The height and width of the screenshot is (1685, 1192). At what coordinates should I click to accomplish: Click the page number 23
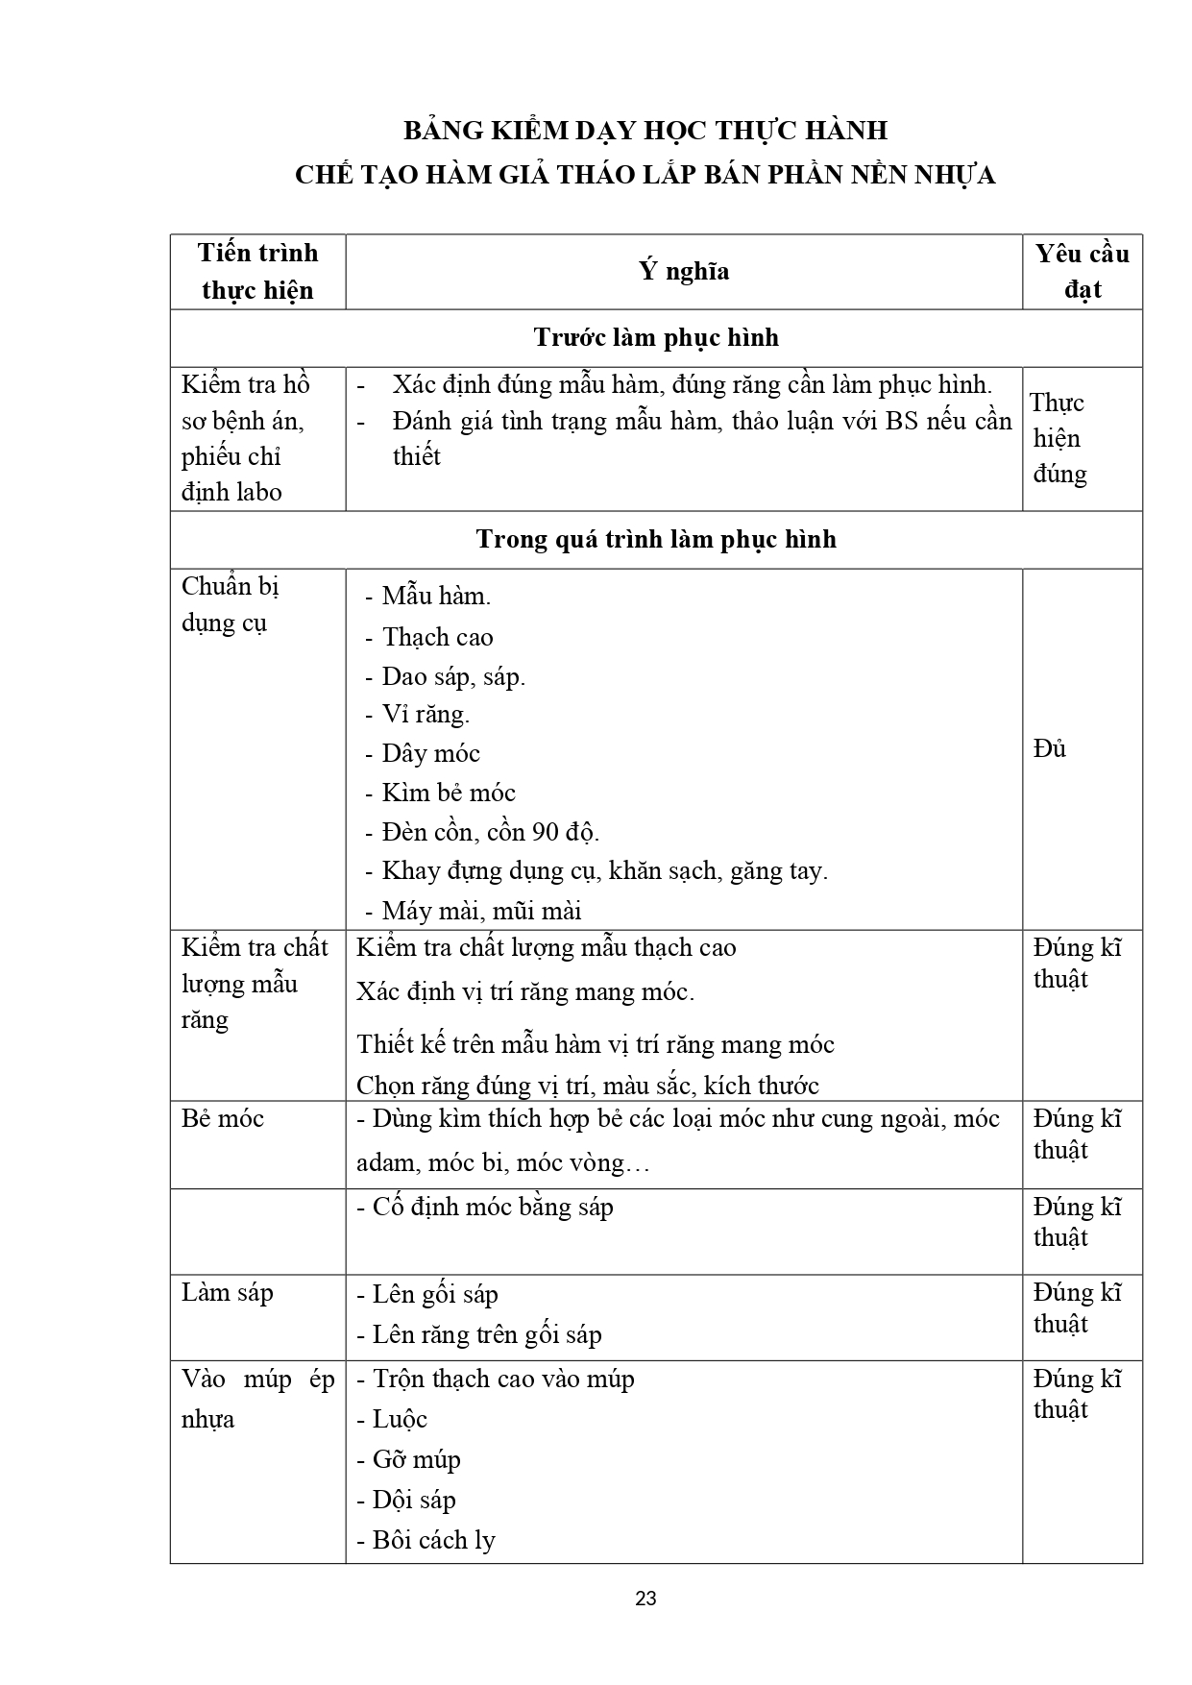pos(645,1599)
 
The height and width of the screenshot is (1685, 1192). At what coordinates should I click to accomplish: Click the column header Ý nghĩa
pos(684,271)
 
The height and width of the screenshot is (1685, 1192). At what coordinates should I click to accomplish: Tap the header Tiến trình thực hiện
pos(257,271)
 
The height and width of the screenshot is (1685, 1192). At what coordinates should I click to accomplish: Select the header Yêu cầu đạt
pos(1082,271)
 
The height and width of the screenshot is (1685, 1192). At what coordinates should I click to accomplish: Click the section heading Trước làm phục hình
pos(656,337)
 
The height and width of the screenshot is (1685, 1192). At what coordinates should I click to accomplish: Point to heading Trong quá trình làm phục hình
pos(656,539)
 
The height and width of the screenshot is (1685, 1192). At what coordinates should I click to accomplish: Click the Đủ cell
pos(1050,748)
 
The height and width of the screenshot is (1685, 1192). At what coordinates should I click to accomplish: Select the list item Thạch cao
pos(437,637)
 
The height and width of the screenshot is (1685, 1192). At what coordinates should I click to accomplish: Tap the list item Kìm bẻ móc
pos(448,793)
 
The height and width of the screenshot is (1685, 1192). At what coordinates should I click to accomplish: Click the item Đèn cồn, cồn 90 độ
pos(490,832)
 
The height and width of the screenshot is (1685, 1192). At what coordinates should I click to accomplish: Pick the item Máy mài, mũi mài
pos(481,911)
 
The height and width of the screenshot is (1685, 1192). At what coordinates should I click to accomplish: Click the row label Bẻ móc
pos(223,1119)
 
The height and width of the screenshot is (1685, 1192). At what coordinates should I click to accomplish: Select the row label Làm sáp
pos(228,1293)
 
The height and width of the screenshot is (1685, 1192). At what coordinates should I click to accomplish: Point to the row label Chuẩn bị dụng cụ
pos(231,604)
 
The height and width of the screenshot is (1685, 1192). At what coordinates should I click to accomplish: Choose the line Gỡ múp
pos(416,1460)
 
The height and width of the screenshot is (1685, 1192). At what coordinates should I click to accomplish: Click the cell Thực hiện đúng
pos(1058,438)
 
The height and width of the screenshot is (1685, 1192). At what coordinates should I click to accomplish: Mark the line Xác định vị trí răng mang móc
pos(524,991)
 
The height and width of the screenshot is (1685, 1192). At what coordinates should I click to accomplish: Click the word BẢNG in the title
pos(440,131)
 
